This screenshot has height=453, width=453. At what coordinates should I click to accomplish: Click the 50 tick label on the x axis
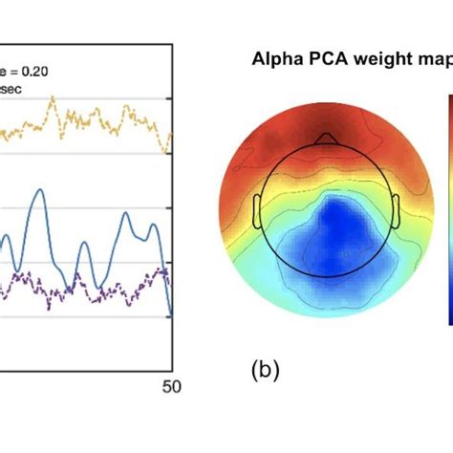tap(169, 387)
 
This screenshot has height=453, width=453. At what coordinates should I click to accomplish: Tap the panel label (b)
tap(263, 370)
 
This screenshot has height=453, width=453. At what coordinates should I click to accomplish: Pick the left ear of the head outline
tap(259, 211)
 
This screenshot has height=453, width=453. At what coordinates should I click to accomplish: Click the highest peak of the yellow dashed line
tap(54, 97)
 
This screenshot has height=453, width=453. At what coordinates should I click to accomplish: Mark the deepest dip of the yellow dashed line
tap(168, 151)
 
